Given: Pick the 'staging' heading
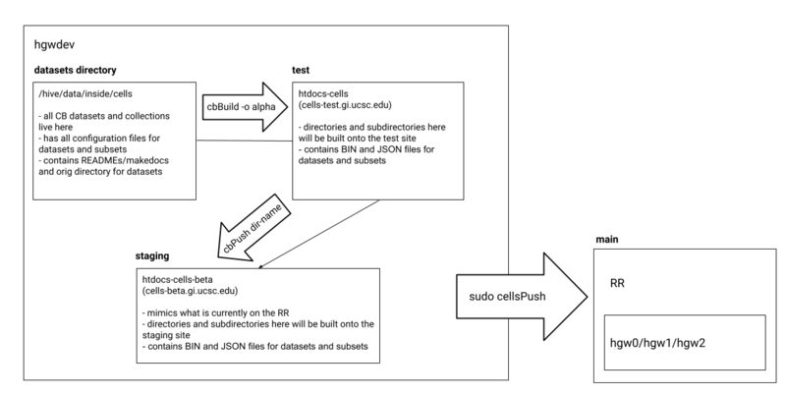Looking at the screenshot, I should (x=153, y=255).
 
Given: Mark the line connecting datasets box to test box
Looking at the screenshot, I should (x=246, y=141).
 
